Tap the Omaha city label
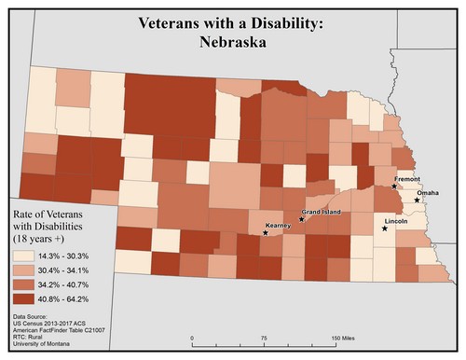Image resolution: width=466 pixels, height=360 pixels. (427, 192)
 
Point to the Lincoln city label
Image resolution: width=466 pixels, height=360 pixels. (397, 221)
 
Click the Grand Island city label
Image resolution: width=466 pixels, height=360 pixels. (320, 212)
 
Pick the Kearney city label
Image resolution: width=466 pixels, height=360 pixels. (279, 225)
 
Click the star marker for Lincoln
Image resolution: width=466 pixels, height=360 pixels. (385, 228)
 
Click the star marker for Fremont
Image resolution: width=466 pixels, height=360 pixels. (394, 187)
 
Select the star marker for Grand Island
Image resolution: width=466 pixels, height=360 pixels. (301, 219)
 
